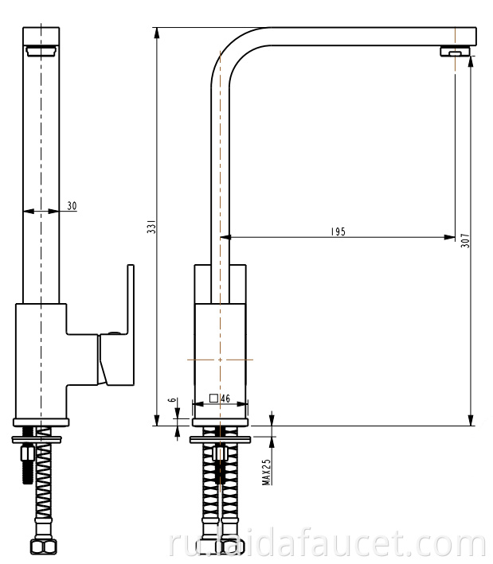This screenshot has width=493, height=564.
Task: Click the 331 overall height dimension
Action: click(152, 226)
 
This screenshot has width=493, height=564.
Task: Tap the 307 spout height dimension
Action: click(465, 240)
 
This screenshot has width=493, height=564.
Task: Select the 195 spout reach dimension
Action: click(338, 231)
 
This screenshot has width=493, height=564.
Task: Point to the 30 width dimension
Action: click(72, 206)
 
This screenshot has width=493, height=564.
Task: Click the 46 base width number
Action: click(225, 399)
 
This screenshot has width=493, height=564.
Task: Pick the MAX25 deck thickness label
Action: click(267, 472)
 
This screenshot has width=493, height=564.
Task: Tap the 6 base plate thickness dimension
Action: click(173, 399)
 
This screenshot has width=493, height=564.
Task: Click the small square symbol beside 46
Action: click(213, 399)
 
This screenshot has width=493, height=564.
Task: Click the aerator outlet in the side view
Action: click(456, 52)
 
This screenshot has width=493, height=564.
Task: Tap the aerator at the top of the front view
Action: click(41, 51)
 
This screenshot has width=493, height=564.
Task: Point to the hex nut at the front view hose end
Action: click(44, 547)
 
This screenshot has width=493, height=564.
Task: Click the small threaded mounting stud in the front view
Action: click(28, 464)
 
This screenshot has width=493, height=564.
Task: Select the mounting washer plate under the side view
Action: click(220, 439)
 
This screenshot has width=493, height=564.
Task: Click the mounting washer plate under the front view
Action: click(37, 439)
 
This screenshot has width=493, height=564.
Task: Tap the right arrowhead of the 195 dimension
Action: click(450, 237)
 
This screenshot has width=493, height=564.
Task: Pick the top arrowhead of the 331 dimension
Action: click(157, 33)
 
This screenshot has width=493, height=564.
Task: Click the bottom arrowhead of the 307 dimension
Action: click(471, 420)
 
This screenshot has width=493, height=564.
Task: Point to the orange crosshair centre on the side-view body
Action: click(220, 360)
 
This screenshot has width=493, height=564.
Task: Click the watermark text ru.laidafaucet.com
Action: click(327, 546)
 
